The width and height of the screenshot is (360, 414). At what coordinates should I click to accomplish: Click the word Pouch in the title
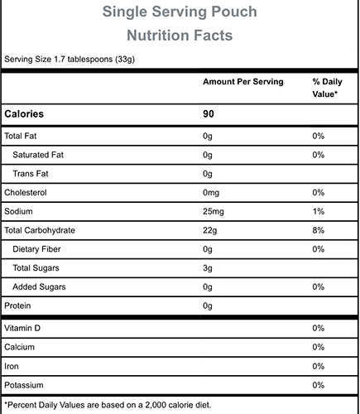(234, 12)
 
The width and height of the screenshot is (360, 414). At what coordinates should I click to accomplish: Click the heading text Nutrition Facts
(180, 36)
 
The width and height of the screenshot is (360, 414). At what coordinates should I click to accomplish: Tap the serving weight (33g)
(125, 60)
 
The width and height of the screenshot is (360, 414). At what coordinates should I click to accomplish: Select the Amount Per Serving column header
(243, 82)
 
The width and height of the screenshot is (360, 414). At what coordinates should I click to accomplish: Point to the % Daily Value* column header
(327, 88)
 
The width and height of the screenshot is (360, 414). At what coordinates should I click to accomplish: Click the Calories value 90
(209, 114)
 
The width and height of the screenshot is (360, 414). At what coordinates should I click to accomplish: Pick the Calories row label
(24, 114)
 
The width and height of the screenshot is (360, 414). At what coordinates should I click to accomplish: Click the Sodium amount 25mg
(214, 212)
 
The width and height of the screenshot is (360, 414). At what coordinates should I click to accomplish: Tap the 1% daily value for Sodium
(318, 211)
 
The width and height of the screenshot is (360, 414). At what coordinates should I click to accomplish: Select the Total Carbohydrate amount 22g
(209, 230)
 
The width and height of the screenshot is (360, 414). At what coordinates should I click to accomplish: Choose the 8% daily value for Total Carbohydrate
(318, 230)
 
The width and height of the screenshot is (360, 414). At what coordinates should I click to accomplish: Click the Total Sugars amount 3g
(208, 268)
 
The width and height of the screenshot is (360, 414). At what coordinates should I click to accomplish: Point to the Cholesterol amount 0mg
(211, 193)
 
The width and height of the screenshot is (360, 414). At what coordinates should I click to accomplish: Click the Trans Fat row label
(31, 174)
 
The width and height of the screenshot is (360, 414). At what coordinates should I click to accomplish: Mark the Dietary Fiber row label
(36, 249)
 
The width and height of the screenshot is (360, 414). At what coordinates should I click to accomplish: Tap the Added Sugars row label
(39, 286)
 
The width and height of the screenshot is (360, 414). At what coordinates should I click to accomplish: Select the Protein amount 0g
(208, 306)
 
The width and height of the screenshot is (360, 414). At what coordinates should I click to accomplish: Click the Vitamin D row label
(22, 328)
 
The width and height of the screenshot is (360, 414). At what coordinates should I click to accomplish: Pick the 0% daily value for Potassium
(318, 385)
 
